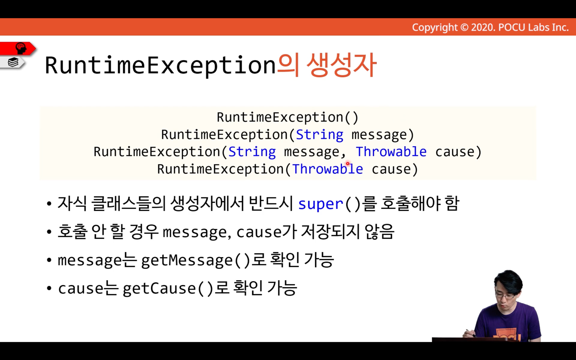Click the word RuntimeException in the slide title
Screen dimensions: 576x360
(x=160, y=66)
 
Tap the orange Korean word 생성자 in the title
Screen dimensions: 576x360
(x=342, y=65)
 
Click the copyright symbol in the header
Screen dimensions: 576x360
(x=464, y=27)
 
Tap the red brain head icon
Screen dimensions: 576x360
(x=21, y=48)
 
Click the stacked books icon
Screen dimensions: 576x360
(x=13, y=62)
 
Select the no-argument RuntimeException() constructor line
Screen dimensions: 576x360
(x=288, y=117)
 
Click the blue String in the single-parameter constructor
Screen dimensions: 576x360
(x=320, y=135)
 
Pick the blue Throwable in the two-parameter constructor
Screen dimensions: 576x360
(x=391, y=152)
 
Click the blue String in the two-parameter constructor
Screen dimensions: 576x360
(x=252, y=152)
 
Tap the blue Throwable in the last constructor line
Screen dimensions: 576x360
(x=328, y=169)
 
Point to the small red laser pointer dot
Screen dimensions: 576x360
(x=348, y=163)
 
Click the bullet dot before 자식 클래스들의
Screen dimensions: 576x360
(x=49, y=204)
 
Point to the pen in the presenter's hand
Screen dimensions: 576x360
(x=471, y=333)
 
